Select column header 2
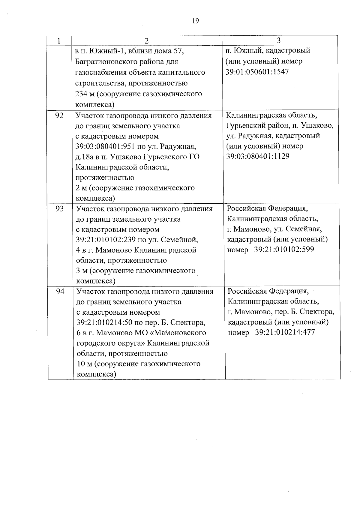click(x=147, y=41)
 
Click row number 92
click(x=59, y=115)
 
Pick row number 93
click(x=60, y=208)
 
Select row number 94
click(x=60, y=291)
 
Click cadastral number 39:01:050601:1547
click(x=257, y=72)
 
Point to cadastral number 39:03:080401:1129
click(x=258, y=156)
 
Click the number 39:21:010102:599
click(x=284, y=250)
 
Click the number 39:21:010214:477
click(x=285, y=332)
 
